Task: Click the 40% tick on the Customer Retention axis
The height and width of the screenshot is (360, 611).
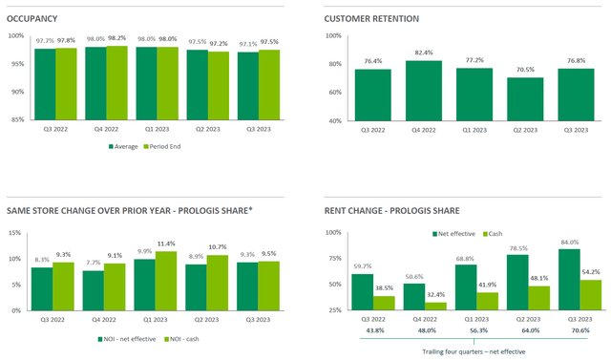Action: coord(333,121)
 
